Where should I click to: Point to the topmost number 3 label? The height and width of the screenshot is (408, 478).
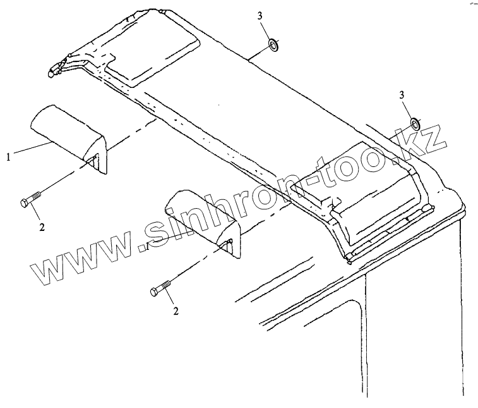(260, 16)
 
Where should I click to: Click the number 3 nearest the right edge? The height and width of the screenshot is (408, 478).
(402, 95)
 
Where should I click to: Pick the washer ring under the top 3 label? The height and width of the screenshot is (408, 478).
(273, 44)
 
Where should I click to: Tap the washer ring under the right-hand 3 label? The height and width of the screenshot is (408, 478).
(415, 123)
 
